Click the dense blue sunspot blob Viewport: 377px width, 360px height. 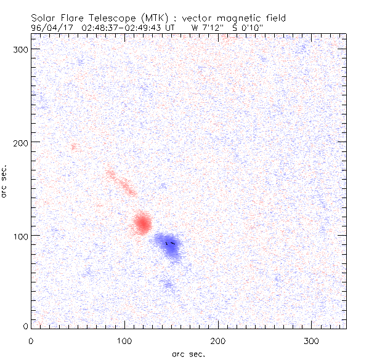tap(168, 246)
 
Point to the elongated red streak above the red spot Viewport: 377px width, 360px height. tap(121, 183)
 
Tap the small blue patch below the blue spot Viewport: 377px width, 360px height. tap(167, 284)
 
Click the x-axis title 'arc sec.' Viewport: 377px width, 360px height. tap(188, 353)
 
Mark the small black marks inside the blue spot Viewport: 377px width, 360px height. tap(171, 243)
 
